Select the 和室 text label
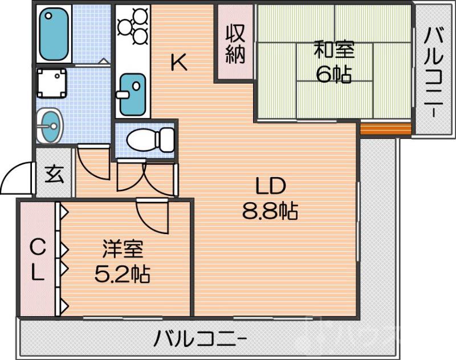(334, 51)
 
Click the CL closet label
(37, 259)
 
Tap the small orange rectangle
(385, 129)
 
